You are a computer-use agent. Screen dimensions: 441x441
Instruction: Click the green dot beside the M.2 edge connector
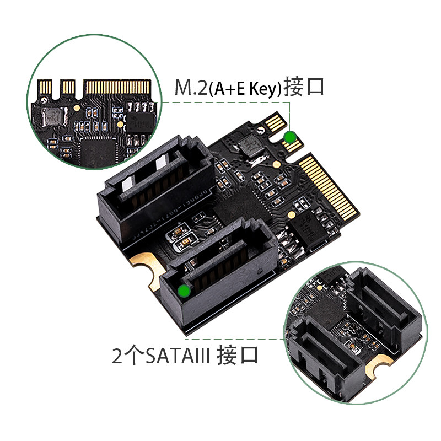[289, 137]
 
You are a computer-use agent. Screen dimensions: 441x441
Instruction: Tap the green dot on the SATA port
[184, 291]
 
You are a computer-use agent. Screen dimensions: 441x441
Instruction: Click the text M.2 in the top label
[191, 88]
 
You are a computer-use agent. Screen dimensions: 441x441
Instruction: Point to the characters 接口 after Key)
[303, 87]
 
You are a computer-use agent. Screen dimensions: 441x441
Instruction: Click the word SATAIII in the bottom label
[178, 356]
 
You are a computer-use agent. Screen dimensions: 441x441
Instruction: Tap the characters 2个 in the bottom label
[128, 356]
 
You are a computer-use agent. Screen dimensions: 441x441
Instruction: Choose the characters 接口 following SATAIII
[238, 356]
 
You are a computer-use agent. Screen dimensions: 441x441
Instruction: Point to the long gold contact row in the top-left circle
[118, 87]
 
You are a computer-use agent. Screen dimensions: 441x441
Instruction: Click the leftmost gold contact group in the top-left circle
[45, 87]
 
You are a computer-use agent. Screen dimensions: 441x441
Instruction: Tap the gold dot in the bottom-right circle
[319, 287]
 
